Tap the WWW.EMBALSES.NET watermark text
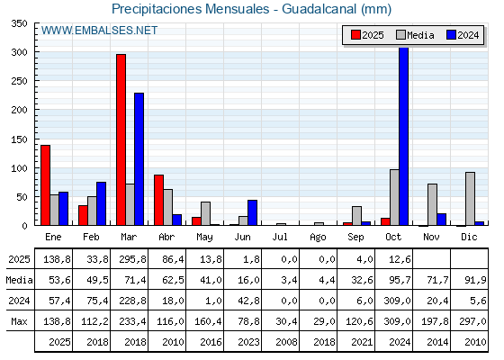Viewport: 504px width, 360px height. (99, 31)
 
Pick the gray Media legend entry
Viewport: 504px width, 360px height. (413, 35)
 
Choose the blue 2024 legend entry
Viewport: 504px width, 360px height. (462, 35)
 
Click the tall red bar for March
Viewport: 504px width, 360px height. (121, 139)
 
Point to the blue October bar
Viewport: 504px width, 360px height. (404, 136)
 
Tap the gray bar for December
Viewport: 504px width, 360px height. (470, 198)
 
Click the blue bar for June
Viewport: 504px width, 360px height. (253, 212)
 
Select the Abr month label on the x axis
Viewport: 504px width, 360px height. (166, 236)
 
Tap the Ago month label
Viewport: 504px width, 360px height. (318, 236)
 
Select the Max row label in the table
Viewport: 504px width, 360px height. (19, 320)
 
